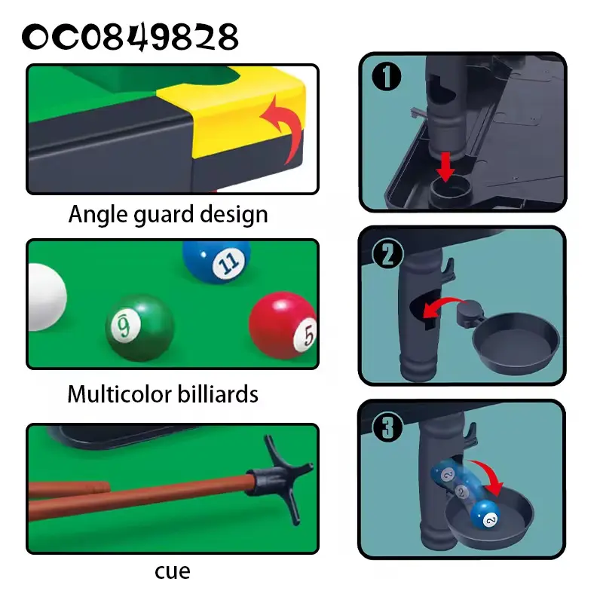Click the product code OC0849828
(130, 37)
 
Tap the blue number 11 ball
(216, 262)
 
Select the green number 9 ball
(140, 328)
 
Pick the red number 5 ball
(283, 326)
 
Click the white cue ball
(47, 297)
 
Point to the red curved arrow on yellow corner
(285, 129)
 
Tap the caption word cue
(173, 572)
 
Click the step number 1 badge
(387, 76)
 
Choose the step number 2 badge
(387, 254)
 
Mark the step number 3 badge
(387, 427)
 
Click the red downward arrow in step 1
(445, 167)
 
